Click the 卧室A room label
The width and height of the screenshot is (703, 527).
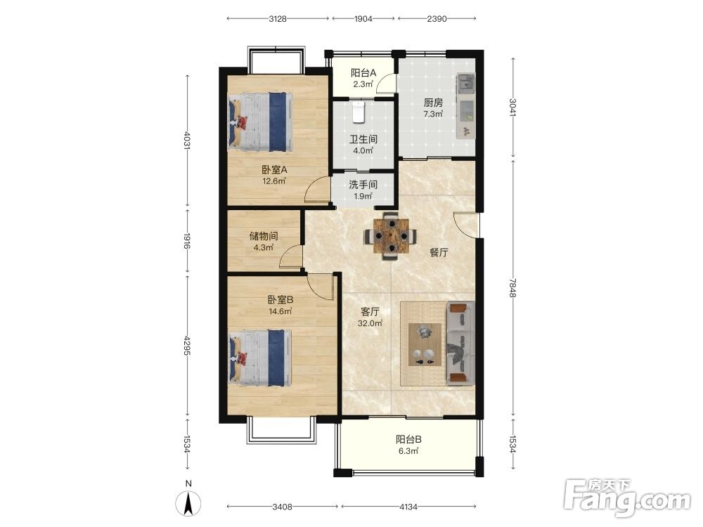click(x=274, y=170)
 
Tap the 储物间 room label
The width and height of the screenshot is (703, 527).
click(x=264, y=236)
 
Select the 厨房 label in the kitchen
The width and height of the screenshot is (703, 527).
click(x=433, y=103)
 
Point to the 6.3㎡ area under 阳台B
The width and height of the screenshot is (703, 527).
click(x=408, y=451)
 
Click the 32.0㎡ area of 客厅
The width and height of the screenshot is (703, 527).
click(x=370, y=323)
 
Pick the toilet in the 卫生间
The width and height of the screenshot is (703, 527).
click(x=359, y=112)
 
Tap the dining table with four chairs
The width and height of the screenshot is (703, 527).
click(x=389, y=235)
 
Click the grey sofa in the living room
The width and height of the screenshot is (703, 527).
click(x=460, y=344)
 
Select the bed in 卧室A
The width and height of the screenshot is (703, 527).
click(x=261, y=122)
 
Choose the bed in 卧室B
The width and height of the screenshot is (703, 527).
click(x=261, y=358)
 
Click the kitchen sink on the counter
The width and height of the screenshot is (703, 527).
click(x=466, y=83)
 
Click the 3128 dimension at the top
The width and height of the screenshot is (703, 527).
click(x=278, y=19)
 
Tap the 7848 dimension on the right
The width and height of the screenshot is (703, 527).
click(x=513, y=287)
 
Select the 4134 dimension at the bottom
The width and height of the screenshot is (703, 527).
click(x=408, y=507)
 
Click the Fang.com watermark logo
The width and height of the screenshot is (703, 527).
click(x=627, y=497)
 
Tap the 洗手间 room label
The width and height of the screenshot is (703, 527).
click(x=363, y=185)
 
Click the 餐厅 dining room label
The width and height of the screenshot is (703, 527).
click(x=439, y=252)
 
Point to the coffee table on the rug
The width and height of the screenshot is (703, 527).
click(x=425, y=344)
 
